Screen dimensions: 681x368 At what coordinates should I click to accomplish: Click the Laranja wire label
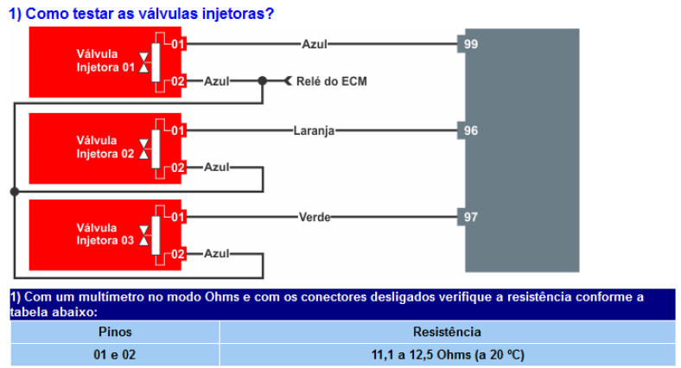(314, 130)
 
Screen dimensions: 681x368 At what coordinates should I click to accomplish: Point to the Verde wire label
(315, 217)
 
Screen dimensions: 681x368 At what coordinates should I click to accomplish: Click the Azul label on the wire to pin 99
(315, 44)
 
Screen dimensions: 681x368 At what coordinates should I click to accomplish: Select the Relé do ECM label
(331, 81)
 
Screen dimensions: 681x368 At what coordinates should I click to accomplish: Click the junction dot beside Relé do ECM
(263, 80)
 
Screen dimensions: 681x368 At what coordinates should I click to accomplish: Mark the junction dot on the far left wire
(15, 192)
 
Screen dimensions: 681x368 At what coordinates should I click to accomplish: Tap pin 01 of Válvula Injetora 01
(178, 44)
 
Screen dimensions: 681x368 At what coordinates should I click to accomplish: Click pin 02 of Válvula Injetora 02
(178, 168)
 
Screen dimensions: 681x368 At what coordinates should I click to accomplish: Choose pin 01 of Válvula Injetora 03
(178, 217)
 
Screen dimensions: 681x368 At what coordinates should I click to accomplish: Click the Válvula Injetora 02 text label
(105, 147)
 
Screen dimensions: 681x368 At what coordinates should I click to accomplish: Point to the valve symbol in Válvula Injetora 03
(143, 235)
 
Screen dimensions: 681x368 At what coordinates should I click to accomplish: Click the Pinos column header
(115, 332)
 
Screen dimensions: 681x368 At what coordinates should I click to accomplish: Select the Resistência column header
(447, 332)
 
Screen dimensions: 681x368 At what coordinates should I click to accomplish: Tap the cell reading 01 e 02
(115, 354)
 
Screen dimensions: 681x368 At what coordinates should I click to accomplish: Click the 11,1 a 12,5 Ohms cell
(448, 354)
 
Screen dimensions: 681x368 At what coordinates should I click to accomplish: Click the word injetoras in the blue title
(238, 14)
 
